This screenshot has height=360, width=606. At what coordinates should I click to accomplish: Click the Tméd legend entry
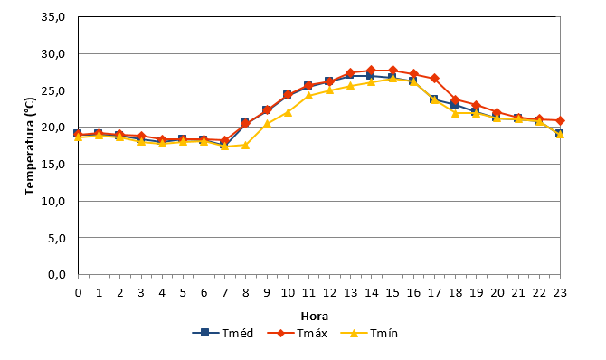point(223,333)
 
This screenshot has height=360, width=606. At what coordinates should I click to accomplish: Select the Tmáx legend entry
point(298,333)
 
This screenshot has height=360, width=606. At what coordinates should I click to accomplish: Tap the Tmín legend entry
point(369,333)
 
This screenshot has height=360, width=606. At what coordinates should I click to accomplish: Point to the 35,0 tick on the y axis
point(53,17)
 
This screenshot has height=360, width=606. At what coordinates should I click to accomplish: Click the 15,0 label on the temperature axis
point(53,165)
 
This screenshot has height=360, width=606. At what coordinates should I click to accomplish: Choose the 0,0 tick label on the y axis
point(57,275)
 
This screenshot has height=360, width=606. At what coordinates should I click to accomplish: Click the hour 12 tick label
point(329,293)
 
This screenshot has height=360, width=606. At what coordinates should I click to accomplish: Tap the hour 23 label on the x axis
point(560,293)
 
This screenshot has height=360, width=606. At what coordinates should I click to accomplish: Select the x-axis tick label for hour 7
point(224,293)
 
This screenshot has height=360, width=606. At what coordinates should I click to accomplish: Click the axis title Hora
point(315,317)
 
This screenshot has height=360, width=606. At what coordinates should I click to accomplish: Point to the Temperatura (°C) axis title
point(30,147)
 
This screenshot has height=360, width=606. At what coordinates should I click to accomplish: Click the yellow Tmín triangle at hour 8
point(245,145)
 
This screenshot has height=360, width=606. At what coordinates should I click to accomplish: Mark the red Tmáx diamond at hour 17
point(434,78)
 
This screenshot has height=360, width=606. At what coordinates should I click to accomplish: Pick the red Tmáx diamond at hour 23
point(560,120)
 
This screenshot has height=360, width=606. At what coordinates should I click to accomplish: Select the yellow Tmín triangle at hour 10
point(288,112)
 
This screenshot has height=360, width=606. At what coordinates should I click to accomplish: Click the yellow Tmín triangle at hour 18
point(455,113)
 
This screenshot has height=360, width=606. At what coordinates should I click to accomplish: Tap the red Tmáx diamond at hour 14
point(372,70)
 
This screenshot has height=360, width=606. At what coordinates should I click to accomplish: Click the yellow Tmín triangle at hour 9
point(267,123)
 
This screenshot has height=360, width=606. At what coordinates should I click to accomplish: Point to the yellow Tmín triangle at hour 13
point(351,85)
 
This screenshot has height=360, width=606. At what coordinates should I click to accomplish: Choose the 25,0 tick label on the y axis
point(53,90)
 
